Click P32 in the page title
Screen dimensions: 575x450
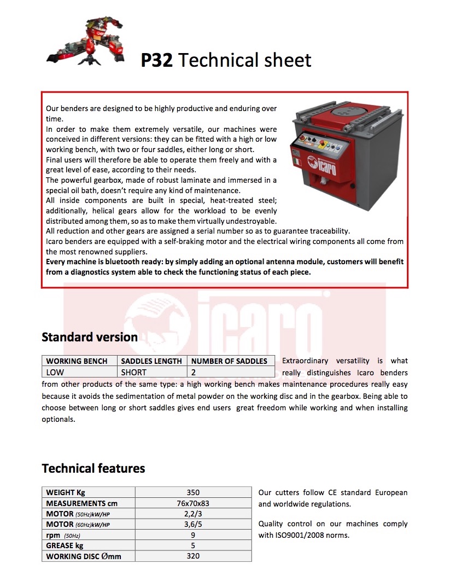pyautogui.click(x=156, y=60)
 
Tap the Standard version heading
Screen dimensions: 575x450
pyautogui.click(x=90, y=337)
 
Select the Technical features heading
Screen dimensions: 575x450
pyautogui.click(x=93, y=468)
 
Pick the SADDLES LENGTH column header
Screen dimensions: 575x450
pyautogui.click(x=151, y=361)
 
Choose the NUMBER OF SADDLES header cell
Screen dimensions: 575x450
pyautogui.click(x=229, y=361)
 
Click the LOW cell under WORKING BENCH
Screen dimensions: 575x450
pyautogui.click(x=55, y=372)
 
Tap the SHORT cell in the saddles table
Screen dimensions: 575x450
pyautogui.click(x=134, y=372)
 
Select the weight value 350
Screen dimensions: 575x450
pyautogui.click(x=193, y=492)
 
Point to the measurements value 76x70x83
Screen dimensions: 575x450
pyautogui.click(x=193, y=503)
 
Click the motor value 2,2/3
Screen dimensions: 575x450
pyautogui.click(x=193, y=514)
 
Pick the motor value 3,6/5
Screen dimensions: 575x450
pyautogui.click(x=193, y=525)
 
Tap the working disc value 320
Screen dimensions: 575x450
pyautogui.click(x=193, y=556)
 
